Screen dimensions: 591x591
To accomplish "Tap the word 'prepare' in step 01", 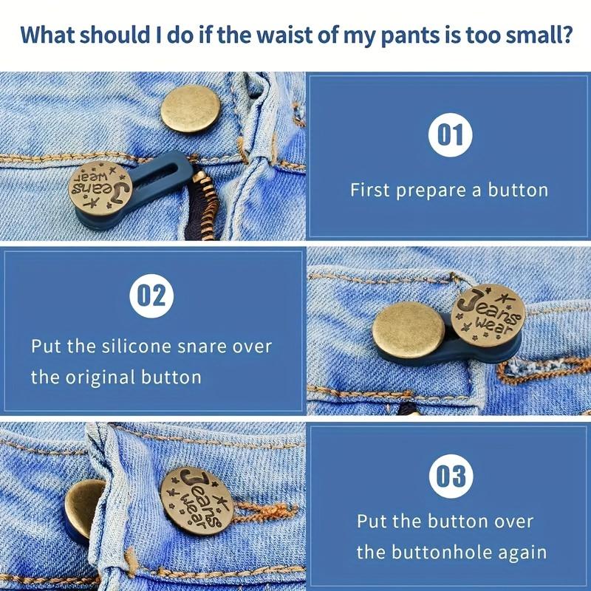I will pos(432,191).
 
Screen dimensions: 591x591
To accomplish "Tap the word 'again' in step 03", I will pos(524,553).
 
